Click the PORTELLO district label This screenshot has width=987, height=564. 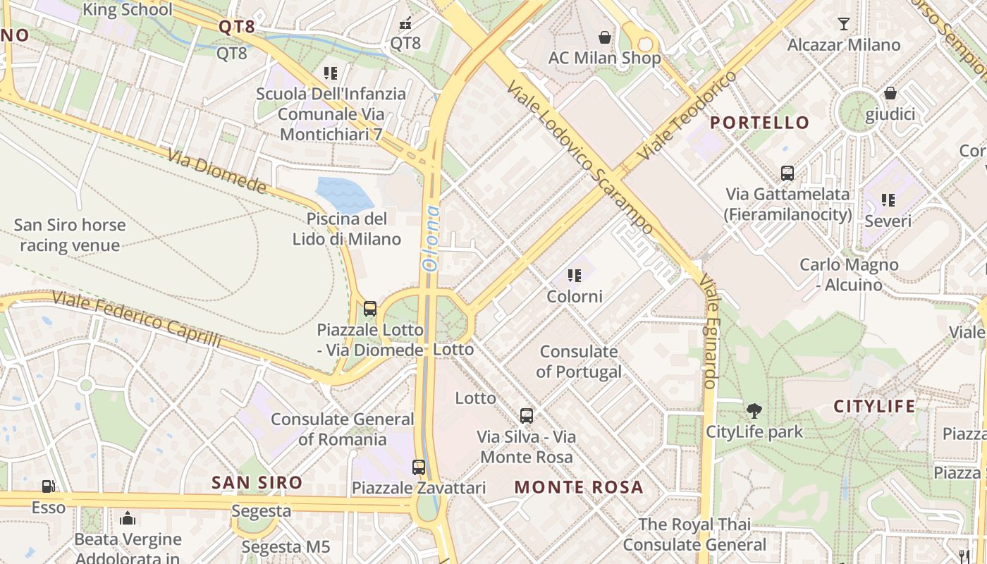[759, 123]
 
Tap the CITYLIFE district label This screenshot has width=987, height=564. [874, 406]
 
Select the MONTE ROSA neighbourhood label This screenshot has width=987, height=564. [578, 486]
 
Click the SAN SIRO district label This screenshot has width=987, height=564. [257, 483]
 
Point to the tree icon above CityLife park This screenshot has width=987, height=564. [754, 410]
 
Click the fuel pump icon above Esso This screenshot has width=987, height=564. [48, 486]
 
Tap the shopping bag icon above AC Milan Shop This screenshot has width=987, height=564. [604, 37]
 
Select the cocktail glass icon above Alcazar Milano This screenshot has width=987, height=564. [844, 24]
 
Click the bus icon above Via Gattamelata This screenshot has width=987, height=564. [787, 173]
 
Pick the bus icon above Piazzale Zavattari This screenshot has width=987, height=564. [419, 467]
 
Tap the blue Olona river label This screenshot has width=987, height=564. [431, 238]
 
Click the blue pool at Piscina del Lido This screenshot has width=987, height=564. [343, 192]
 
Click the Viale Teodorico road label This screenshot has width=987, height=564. [687, 114]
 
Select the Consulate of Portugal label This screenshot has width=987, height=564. [579, 361]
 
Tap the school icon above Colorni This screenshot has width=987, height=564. [575, 276]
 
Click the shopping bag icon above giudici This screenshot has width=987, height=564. [890, 93]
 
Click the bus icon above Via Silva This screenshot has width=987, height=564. [526, 415]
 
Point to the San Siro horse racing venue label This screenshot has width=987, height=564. [70, 235]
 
